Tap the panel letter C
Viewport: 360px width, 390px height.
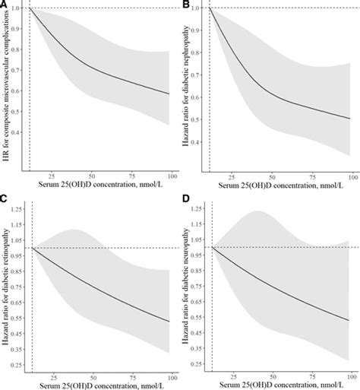pyautogui.click(x=5, y=200)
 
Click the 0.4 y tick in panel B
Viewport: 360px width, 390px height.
pyautogui.click(x=200, y=142)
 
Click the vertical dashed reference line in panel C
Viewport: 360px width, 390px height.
pyautogui.click(x=30, y=304)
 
